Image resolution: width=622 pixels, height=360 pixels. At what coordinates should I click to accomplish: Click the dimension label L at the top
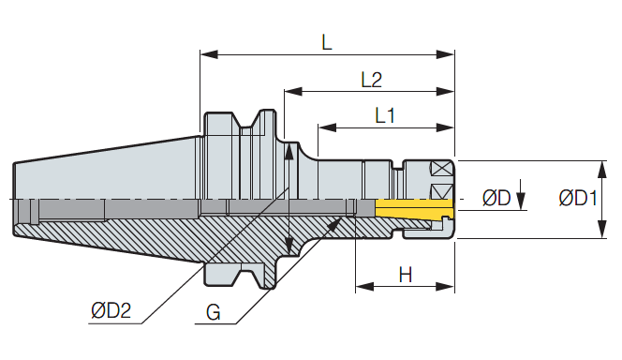pos(327,42)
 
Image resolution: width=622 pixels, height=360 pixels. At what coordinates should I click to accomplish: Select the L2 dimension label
pos(372,80)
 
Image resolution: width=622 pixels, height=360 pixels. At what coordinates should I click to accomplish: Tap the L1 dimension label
pos(385,115)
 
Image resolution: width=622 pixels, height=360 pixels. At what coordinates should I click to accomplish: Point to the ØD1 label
pos(578,198)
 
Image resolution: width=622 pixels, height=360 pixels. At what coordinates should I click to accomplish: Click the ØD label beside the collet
pos(496,198)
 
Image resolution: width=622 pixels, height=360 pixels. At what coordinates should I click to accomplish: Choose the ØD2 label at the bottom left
pos(111,310)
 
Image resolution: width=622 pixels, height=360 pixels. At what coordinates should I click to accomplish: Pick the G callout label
pos(214,312)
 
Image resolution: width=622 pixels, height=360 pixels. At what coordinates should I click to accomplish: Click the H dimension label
pos(406,275)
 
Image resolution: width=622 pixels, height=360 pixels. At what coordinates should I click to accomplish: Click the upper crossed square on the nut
pos(441,169)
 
